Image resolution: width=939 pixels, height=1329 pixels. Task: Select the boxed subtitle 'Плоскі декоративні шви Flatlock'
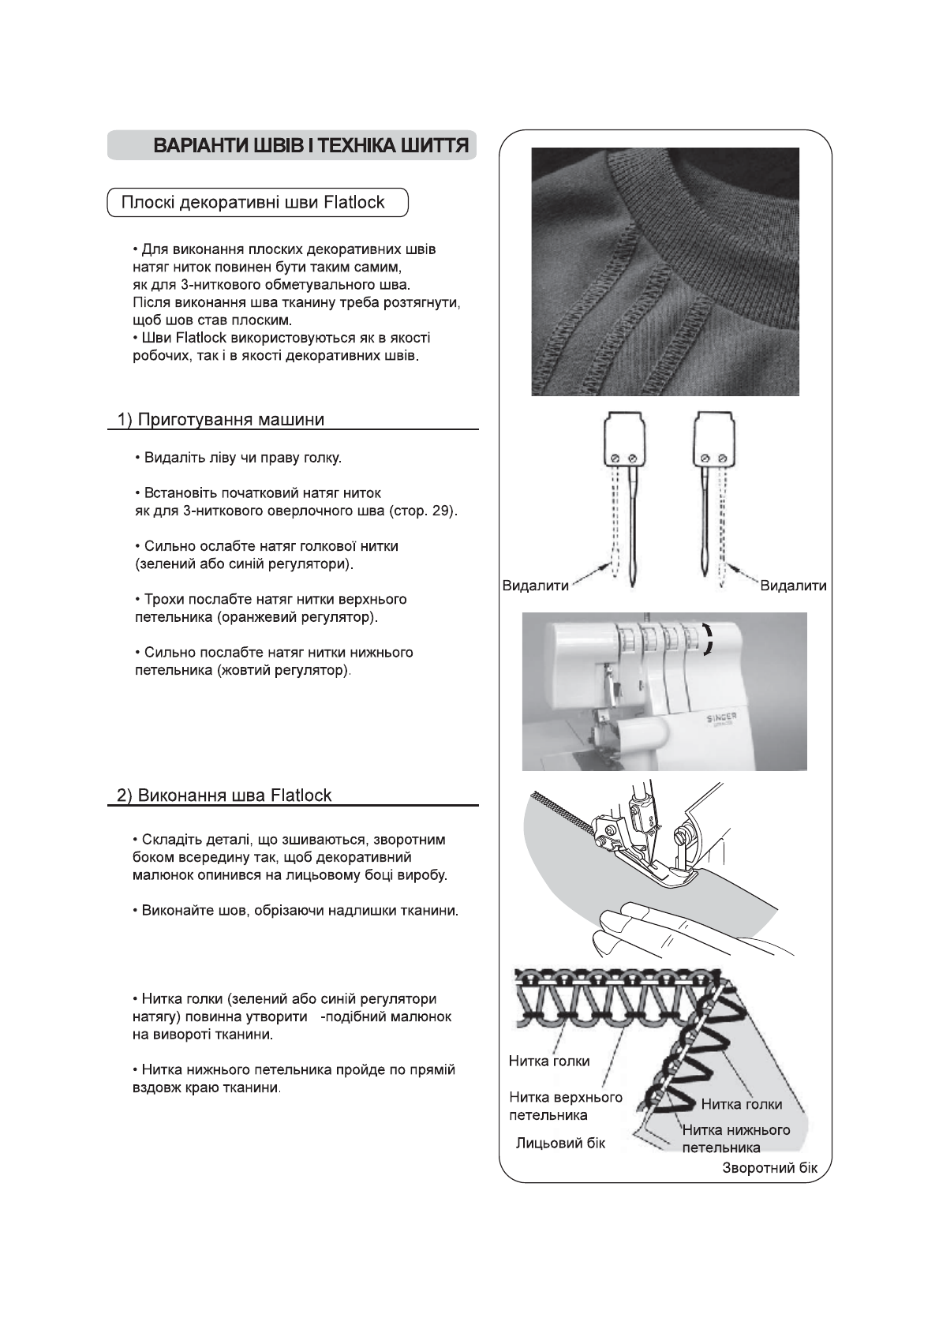tap(253, 203)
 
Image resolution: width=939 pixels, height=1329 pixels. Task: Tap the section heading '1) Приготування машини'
tap(221, 419)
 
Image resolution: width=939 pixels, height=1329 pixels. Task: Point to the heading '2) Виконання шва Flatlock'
tap(224, 795)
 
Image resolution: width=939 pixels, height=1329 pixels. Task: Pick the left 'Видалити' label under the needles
tap(536, 586)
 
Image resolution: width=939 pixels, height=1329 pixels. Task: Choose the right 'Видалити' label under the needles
tap(794, 586)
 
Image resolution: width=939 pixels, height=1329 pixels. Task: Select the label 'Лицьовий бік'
tap(561, 1143)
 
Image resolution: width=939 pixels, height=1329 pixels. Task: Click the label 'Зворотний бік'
tap(770, 1168)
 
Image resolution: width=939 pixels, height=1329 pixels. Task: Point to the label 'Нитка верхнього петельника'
tap(565, 1106)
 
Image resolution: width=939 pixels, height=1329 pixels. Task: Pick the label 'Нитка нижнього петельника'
tap(735, 1138)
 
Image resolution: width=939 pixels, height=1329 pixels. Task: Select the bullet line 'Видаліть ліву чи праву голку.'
tap(242, 458)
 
